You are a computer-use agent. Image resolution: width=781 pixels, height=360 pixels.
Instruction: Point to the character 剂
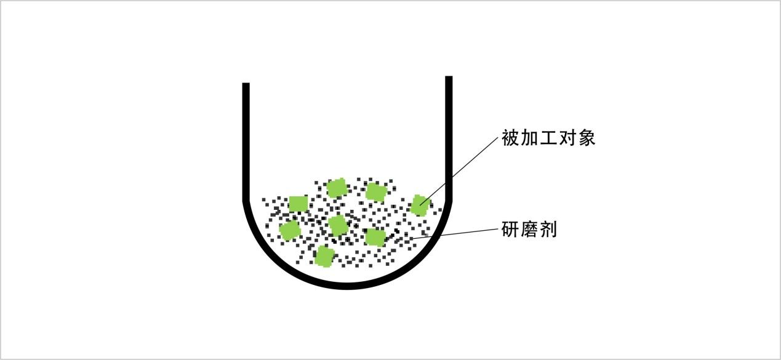[x=548, y=230]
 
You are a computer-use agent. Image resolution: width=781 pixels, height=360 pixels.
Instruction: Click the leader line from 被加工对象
[x=462, y=169]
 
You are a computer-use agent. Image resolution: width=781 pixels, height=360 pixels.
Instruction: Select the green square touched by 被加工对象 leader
[x=419, y=205]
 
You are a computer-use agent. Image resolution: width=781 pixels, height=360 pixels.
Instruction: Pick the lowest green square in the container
[x=324, y=256]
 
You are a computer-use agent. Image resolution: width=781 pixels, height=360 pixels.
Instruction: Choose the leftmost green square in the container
[x=289, y=231]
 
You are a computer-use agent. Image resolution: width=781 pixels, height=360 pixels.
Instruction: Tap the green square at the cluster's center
[x=338, y=225]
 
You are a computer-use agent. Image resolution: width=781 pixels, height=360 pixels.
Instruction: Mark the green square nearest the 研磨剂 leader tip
[x=375, y=237]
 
